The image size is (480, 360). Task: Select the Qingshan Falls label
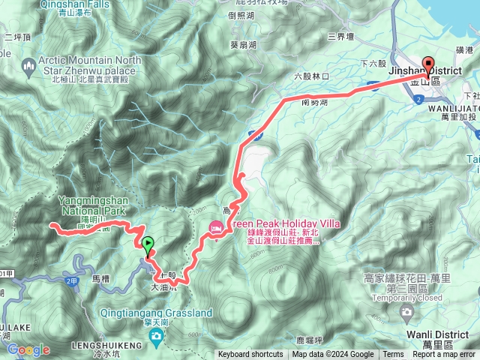(67, 3)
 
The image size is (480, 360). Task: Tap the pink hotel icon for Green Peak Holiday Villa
(216, 226)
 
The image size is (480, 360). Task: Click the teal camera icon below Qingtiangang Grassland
(157, 334)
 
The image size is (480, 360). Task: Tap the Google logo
(29, 349)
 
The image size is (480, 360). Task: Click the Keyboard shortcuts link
(250, 355)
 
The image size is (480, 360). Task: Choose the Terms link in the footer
(393, 355)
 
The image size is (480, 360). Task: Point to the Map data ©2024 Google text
(333, 355)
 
